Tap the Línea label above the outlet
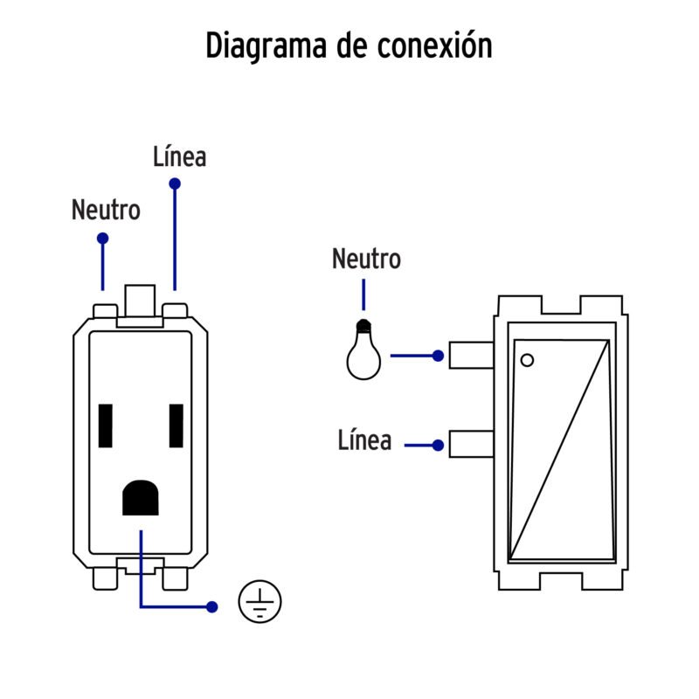tap(179, 157)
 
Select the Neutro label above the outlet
tap(106, 211)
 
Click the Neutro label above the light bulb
tap(366, 260)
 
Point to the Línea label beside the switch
tap(364, 440)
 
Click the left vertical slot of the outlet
tap(107, 426)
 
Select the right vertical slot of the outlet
tap(176, 426)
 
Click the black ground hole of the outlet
tap(140, 498)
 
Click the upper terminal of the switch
tap(471, 356)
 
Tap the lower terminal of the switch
tap(471, 444)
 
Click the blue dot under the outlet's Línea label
tap(175, 184)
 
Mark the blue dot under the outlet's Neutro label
tap(103, 238)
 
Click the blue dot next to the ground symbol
tap(211, 606)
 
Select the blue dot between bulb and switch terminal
tap(438, 356)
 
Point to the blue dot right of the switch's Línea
tap(438, 445)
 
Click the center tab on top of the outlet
tap(141, 302)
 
